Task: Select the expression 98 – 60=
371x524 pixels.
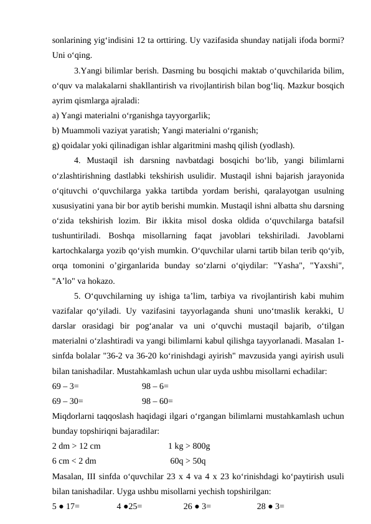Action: click(x=157, y=401)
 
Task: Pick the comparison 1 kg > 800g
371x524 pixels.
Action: click(x=189, y=446)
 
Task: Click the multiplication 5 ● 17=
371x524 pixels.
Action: click(x=65, y=506)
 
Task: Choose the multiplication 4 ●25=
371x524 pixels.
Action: click(x=129, y=506)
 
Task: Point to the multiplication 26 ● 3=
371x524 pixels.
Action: click(x=197, y=506)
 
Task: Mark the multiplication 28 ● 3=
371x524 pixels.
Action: click(x=271, y=506)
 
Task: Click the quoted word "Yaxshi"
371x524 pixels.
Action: click(x=325, y=250)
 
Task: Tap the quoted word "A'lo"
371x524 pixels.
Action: click(x=66, y=265)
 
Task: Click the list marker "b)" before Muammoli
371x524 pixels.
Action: click(x=56, y=131)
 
